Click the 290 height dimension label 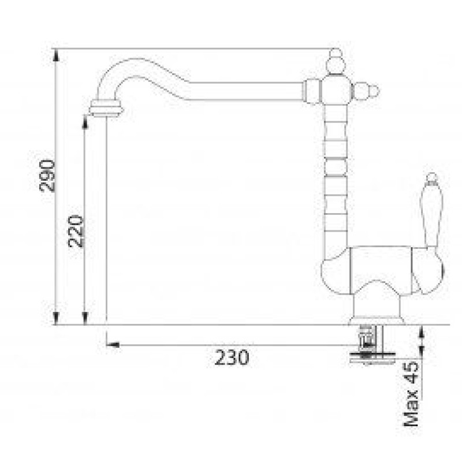[x=47, y=176]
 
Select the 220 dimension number [x=76, y=232]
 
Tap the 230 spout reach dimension [x=232, y=357]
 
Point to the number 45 [x=411, y=372]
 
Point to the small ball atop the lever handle [x=431, y=178]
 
